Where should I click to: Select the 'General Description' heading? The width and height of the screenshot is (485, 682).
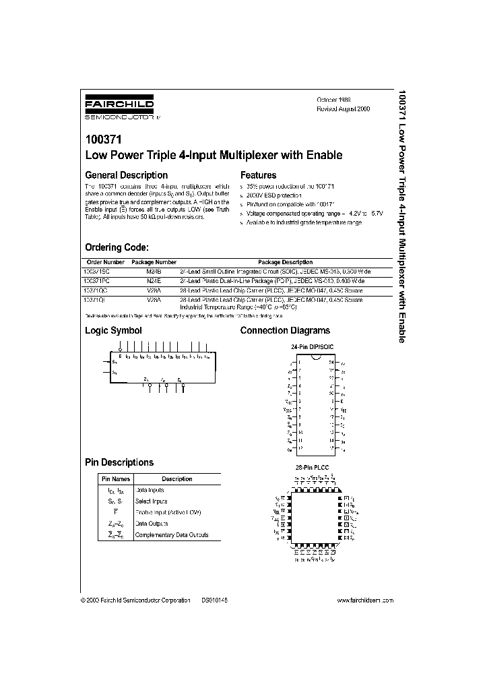126,175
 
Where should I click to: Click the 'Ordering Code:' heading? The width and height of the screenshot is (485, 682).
117,247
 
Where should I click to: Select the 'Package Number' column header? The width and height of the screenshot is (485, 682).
154,262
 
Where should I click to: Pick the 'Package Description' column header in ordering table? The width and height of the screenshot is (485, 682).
285,262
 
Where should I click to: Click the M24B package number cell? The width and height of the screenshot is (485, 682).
154,270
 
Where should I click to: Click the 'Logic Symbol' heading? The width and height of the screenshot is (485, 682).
113,330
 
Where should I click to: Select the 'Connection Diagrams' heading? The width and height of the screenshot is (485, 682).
285,330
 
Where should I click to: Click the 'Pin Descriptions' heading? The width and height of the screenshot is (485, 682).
119,462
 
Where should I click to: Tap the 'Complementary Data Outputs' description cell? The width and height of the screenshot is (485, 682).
172,535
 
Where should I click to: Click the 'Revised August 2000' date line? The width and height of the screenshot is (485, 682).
344,108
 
